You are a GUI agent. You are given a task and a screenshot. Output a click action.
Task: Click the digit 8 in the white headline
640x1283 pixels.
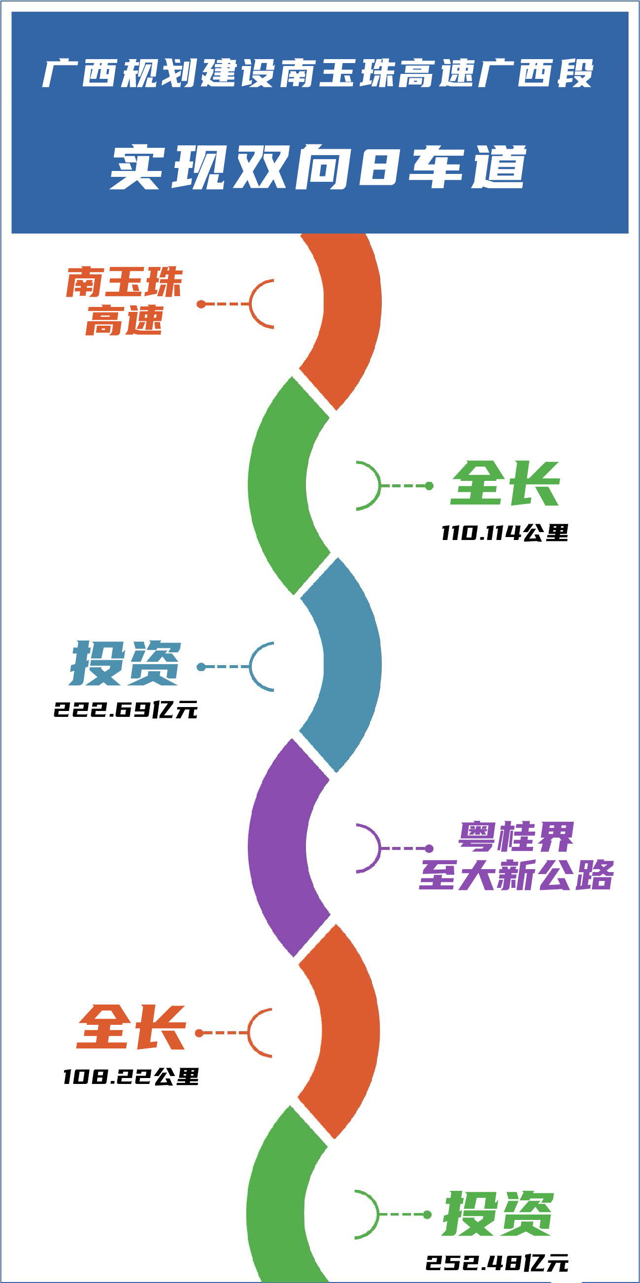(x=378, y=167)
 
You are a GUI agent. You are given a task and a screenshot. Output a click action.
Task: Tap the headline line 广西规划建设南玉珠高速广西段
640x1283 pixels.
(x=319, y=73)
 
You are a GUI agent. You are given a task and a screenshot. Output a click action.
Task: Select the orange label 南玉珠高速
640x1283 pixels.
(x=124, y=302)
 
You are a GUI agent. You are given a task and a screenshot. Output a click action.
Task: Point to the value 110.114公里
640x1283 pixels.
(x=505, y=534)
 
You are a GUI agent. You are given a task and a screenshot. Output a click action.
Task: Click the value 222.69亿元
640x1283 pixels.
(x=126, y=709)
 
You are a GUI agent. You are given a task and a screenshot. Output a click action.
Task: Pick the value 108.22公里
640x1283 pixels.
(x=131, y=1077)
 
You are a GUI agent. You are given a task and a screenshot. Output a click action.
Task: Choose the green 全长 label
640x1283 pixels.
(x=505, y=484)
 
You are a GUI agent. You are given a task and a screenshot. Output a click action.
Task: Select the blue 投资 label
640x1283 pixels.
(x=125, y=664)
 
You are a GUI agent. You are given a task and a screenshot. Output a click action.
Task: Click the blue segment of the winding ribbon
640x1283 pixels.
(x=349, y=665)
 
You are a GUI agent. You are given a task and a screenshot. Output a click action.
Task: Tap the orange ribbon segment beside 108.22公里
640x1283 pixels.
(x=349, y=1031)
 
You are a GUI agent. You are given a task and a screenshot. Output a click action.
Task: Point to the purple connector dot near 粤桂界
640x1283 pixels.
(x=429, y=848)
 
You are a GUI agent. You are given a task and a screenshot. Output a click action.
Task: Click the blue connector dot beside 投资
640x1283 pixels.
(x=201, y=667)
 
